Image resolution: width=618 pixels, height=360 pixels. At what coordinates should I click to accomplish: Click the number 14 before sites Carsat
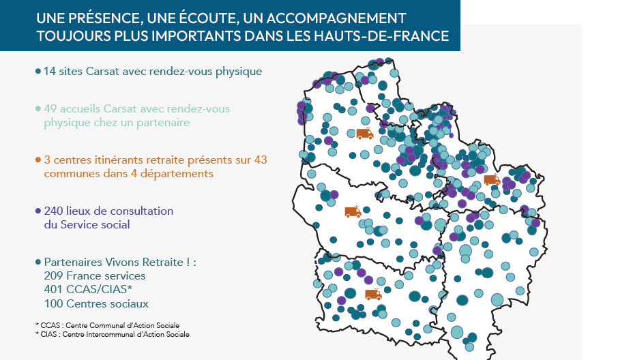(50, 71)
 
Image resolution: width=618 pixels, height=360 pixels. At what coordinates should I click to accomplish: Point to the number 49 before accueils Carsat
(50, 109)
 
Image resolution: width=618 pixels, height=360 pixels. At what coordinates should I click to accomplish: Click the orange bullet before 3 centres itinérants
(38, 160)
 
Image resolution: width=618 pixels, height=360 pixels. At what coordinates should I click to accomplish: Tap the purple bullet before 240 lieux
(38, 211)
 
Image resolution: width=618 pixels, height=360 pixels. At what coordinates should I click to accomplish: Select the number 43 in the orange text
(260, 160)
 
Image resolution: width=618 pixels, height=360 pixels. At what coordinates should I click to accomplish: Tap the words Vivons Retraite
(145, 262)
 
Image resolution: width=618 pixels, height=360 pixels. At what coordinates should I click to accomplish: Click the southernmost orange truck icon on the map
(373, 295)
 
